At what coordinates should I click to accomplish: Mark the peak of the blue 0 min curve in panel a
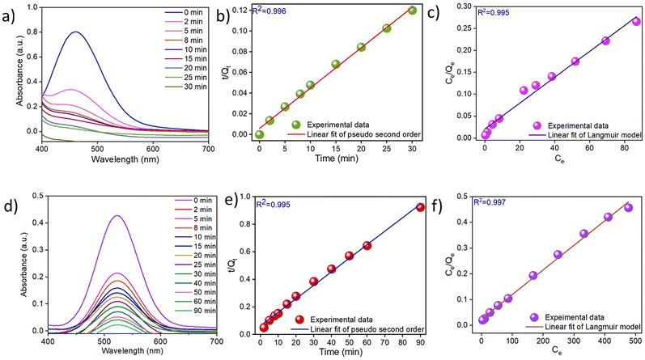(76, 32)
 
